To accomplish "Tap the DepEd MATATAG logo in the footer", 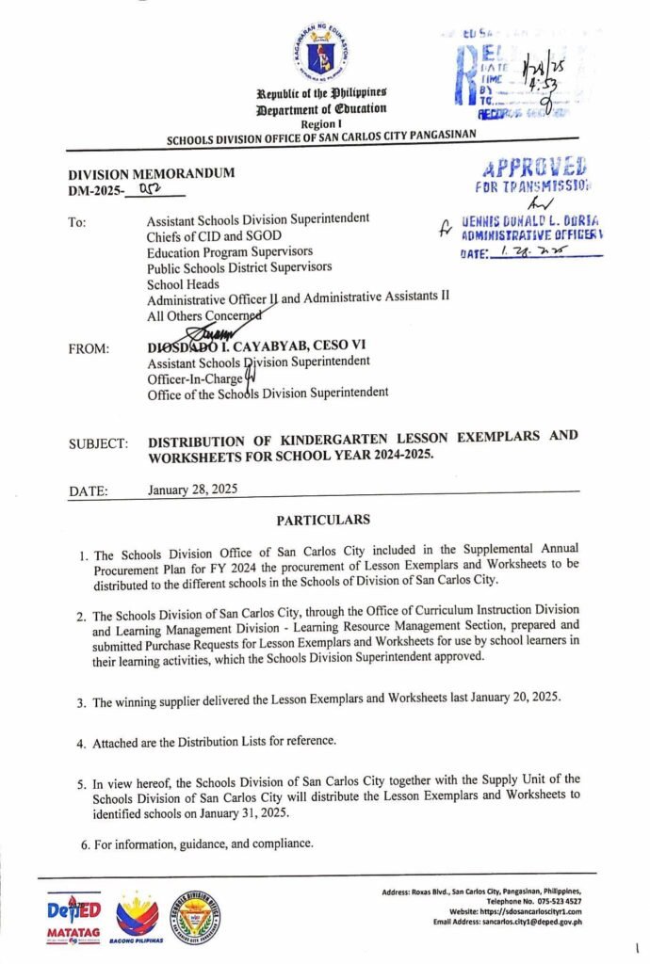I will (x=73, y=918).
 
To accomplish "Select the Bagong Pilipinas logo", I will (x=138, y=917).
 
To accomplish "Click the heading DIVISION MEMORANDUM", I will (x=152, y=173).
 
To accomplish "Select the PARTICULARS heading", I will (x=323, y=520).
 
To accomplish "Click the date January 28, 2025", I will (x=193, y=490).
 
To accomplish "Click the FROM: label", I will (x=89, y=348).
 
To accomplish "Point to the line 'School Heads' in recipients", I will (x=183, y=283).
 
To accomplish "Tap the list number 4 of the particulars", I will (x=82, y=744).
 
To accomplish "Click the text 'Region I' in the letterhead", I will (x=322, y=123).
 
